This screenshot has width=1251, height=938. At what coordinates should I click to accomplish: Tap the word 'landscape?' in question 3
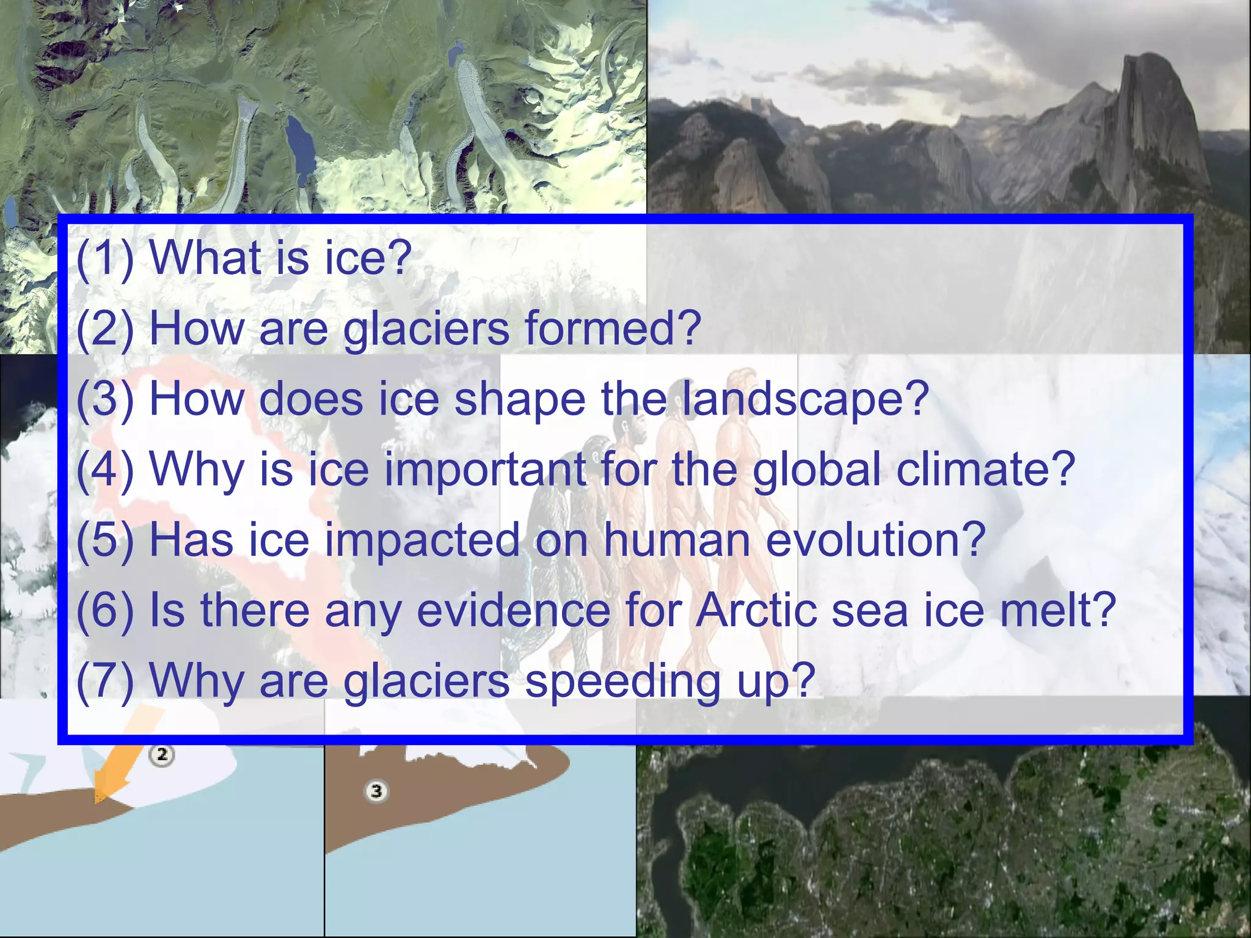(805, 398)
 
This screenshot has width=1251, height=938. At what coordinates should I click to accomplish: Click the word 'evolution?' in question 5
(875, 540)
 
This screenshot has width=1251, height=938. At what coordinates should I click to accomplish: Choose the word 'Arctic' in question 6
(757, 610)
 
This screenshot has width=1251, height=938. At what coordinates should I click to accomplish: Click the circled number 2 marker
(162, 755)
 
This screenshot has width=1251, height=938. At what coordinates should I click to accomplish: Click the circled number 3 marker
(376, 791)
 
